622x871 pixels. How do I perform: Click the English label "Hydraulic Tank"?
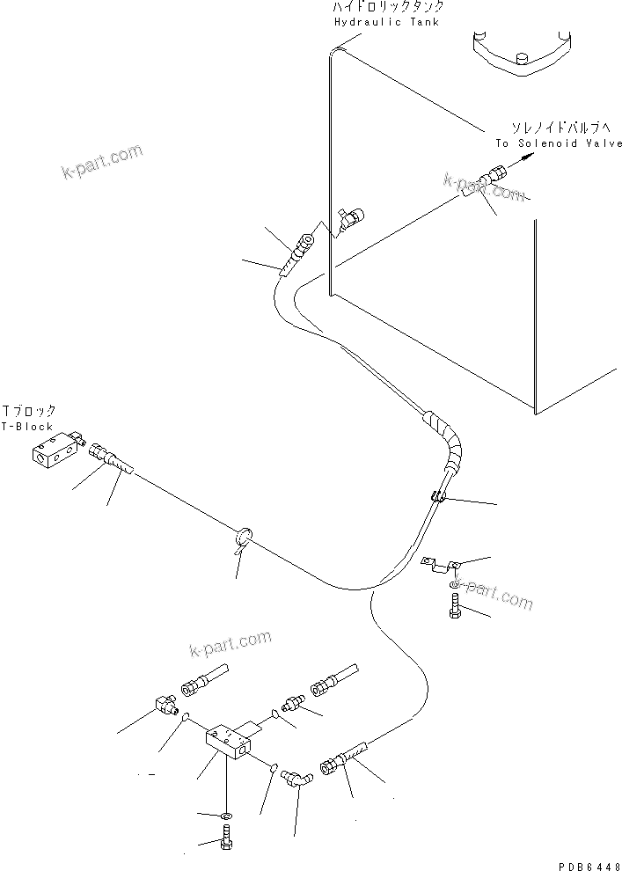pyautogui.click(x=386, y=21)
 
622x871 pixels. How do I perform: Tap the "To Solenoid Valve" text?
pyautogui.click(x=558, y=143)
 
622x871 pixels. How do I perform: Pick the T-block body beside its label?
pyautogui.click(x=55, y=453)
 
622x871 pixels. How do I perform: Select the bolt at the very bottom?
pyautogui.click(x=226, y=841)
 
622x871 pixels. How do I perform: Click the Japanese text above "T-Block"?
pyautogui.click(x=29, y=411)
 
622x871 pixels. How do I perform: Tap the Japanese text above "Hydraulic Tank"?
pyautogui.click(x=382, y=6)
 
